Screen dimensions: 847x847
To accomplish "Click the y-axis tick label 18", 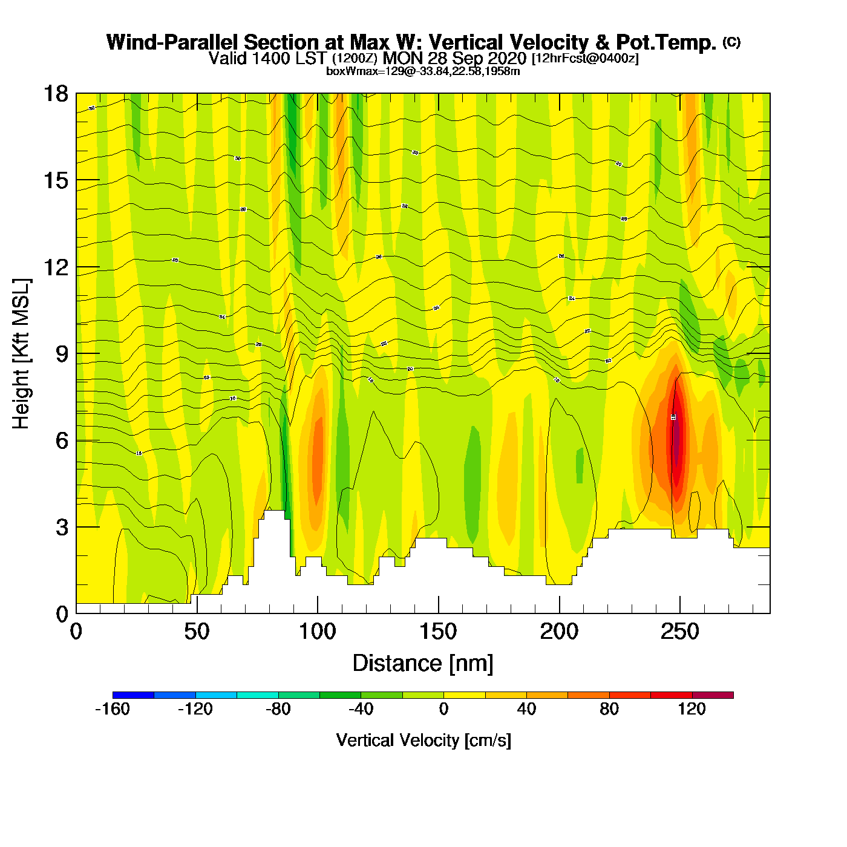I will [55, 94].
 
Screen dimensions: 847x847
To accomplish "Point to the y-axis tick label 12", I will [55, 267].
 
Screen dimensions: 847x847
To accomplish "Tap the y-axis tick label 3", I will [62, 527].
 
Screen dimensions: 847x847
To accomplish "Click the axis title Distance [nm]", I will [423, 663].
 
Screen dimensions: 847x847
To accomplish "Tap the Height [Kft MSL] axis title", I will [21, 354].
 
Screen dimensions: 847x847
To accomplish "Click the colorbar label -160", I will [113, 709].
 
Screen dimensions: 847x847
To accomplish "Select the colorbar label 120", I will [692, 709].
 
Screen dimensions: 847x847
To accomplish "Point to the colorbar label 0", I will [443, 709].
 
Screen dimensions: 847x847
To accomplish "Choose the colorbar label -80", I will [278, 709].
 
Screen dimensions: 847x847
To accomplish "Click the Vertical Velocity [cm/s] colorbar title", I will [423, 740].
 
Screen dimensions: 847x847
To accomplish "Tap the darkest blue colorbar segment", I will [133, 695].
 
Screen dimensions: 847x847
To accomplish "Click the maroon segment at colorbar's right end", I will [713, 695].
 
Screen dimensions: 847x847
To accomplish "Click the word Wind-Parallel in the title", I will [173, 42].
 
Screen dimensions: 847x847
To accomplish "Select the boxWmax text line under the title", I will [423, 71].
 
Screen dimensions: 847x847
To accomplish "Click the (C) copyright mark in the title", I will [731, 42].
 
